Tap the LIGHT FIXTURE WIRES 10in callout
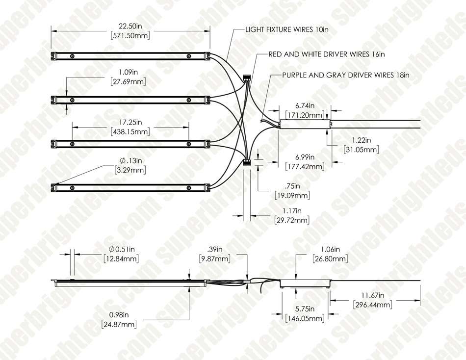[x=287, y=30]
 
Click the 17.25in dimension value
[x=130, y=122]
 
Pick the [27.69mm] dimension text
[x=128, y=82]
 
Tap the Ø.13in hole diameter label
[x=131, y=160]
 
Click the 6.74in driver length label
[x=305, y=105]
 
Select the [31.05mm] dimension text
[x=361, y=149]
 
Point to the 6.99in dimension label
[x=305, y=157]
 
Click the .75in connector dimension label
[x=292, y=186]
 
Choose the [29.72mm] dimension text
[x=291, y=220]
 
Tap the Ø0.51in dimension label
[x=122, y=249]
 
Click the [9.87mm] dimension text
[x=214, y=258]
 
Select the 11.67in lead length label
[x=373, y=295]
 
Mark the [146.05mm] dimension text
[x=305, y=319]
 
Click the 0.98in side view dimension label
[x=119, y=314]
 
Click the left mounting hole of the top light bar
[x=72, y=56]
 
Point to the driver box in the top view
[x=305, y=124]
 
